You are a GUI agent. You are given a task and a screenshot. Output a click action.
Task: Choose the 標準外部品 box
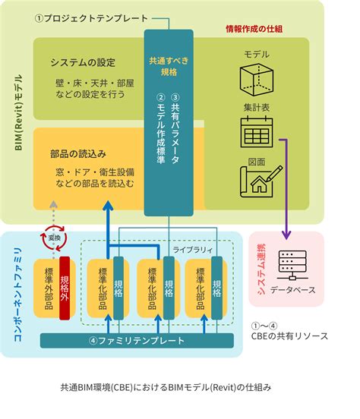coord(49,287)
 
